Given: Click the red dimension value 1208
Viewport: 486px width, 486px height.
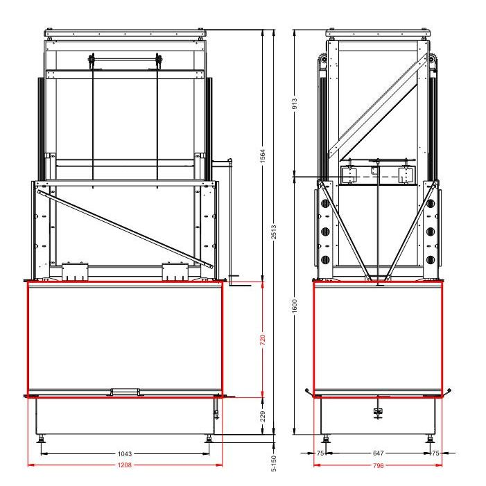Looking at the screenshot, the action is click(x=125, y=465).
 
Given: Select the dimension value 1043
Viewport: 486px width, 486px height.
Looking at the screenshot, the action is click(x=125, y=454).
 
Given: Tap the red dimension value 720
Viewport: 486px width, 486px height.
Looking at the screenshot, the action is click(x=263, y=340).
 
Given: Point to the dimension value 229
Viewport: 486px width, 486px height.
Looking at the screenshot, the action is click(x=263, y=416).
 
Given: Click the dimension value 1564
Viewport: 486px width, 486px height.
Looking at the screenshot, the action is click(x=263, y=156).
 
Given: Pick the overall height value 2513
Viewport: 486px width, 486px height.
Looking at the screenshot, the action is click(x=274, y=232).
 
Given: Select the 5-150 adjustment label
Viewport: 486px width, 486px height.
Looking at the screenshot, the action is click(x=274, y=463).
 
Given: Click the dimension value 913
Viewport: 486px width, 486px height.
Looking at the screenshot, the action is click(x=295, y=103).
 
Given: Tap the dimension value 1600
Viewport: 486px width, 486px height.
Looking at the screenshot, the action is click(x=295, y=306).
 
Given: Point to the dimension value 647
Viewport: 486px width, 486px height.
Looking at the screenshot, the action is click(x=378, y=453).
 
